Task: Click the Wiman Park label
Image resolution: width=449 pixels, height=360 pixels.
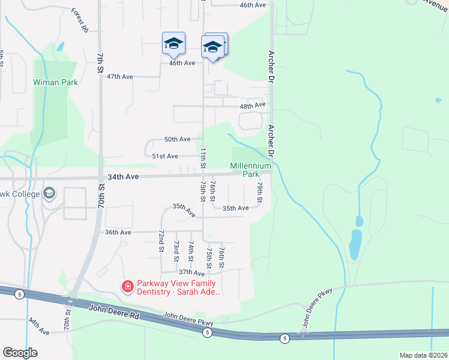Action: click(x=55, y=82)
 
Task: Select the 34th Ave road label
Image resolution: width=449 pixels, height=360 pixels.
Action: click(x=124, y=177)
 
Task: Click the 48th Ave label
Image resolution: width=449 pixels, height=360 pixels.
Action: click(x=252, y=105)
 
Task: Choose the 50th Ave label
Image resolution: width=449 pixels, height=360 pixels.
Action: click(x=177, y=139)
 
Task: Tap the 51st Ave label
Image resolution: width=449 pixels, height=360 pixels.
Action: click(x=164, y=156)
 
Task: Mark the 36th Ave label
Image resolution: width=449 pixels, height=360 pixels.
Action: click(x=118, y=232)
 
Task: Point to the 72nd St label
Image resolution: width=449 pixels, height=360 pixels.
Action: click(x=161, y=240)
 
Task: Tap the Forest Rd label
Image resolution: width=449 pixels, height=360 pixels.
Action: click(x=79, y=20)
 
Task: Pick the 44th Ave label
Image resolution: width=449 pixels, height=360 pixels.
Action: click(x=38, y=327)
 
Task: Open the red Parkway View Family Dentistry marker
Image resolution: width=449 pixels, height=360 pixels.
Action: click(x=127, y=287)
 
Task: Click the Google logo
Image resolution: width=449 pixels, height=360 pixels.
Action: click(x=20, y=353)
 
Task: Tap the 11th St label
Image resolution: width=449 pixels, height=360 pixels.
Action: click(x=203, y=157)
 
